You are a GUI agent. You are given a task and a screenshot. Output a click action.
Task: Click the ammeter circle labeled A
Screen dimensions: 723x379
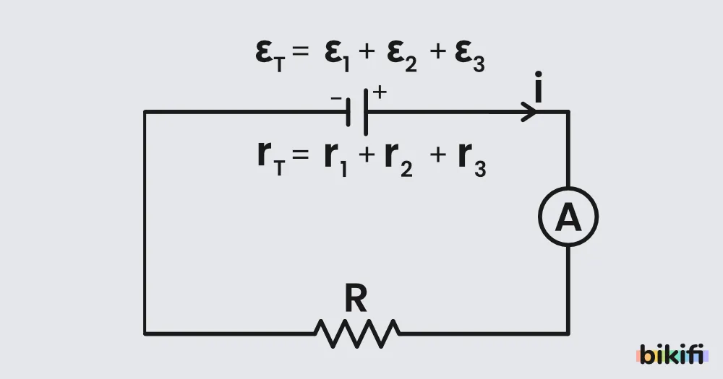568,188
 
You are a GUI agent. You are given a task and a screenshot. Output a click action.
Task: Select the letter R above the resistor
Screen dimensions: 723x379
356,298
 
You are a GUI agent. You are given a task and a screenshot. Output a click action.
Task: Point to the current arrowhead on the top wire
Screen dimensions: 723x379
529,112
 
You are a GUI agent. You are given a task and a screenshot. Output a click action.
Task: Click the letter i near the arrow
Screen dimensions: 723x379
538,87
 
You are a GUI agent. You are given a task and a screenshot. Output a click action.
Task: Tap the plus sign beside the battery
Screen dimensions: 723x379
380,92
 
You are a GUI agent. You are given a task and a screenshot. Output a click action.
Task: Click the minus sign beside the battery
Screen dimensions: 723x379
336,98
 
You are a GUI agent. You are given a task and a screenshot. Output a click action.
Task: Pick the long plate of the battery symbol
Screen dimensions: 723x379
366,112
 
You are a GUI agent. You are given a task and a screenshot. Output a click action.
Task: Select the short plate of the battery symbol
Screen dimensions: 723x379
348,112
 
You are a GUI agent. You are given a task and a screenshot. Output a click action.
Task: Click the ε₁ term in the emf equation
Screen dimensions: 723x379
337,56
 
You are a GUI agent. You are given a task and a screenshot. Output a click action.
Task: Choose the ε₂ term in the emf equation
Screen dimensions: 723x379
401,56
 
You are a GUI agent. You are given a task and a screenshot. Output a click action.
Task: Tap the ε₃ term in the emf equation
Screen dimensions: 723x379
469,56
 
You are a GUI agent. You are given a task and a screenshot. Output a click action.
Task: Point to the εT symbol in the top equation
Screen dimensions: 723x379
270,56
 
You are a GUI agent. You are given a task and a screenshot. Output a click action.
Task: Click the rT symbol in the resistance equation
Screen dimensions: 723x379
271,159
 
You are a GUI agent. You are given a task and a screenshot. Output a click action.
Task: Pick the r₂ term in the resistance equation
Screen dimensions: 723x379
398,159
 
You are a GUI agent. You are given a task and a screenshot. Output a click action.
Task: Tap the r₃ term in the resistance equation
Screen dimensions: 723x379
472,159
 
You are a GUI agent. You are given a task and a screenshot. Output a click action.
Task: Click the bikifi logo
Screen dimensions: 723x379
672,354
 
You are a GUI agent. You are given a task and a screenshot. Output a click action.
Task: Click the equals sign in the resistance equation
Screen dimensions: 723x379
300,154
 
